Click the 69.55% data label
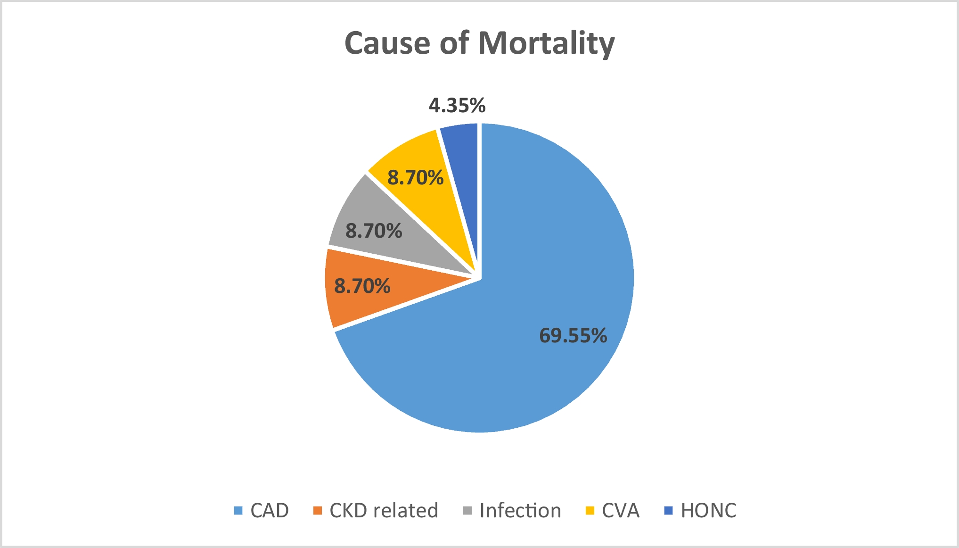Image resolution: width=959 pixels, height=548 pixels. click(573, 335)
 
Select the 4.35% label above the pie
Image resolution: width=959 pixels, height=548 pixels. click(457, 105)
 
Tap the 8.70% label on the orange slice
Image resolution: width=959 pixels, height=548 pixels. click(362, 286)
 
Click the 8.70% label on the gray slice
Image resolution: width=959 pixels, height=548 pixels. click(373, 231)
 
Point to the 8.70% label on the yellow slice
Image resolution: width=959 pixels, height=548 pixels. click(415, 177)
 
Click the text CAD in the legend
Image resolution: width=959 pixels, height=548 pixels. click(269, 511)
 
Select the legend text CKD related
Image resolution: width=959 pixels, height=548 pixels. click(384, 511)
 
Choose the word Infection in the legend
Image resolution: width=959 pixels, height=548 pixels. click(520, 511)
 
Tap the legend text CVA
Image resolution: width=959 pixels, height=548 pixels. click(620, 511)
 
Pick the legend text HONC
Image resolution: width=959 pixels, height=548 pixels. click(708, 511)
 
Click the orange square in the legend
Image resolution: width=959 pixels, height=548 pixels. click(318, 511)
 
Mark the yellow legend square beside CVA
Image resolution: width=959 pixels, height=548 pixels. click(590, 511)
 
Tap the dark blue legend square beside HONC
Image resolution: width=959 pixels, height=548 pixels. click(669, 511)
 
